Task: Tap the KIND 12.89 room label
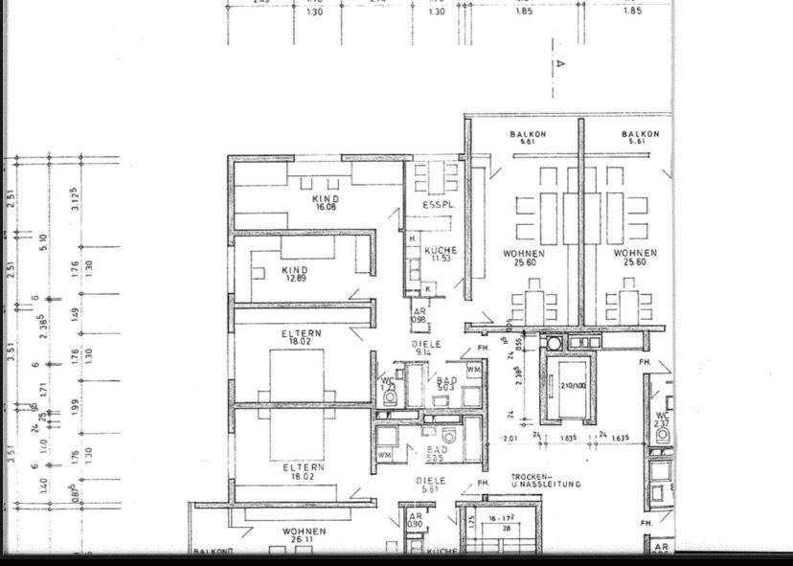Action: pos(295,274)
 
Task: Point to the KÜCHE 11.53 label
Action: pos(441,254)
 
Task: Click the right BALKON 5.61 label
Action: pos(640,138)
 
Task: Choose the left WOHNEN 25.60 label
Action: pos(524,258)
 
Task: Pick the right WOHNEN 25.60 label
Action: pos(636,258)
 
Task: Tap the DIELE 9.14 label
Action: pos(426,348)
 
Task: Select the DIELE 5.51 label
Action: pos(430,485)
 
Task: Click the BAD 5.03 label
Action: pos(446,384)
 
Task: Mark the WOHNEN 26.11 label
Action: pos(304,535)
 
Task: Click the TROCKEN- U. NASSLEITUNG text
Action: pos(545,481)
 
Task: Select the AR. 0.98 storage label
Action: pos(419,316)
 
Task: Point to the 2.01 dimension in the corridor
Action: pos(510,439)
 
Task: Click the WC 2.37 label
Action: pos(663,420)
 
